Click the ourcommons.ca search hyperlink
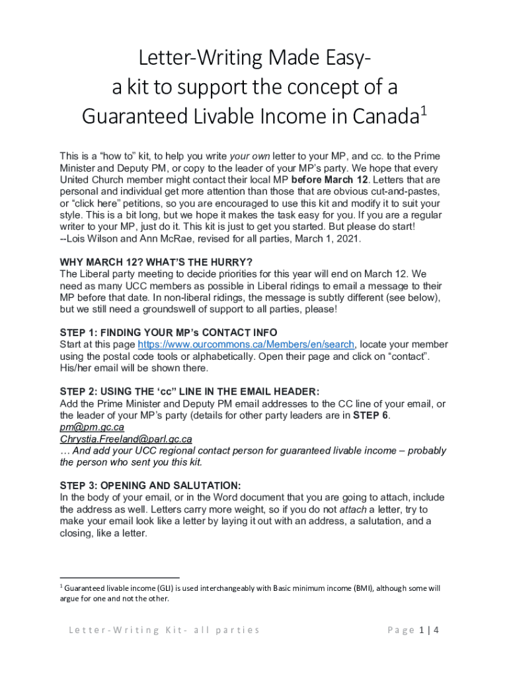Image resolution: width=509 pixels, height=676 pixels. point(247,345)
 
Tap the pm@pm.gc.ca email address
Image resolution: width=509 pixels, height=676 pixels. point(92,426)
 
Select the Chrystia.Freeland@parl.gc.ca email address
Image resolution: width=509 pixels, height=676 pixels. point(126,438)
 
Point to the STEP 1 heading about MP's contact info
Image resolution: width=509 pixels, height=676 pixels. point(169,333)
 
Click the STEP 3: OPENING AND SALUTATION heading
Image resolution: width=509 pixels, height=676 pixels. point(150,485)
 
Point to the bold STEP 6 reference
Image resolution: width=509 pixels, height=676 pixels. point(375,415)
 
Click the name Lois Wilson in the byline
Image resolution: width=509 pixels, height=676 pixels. point(95,238)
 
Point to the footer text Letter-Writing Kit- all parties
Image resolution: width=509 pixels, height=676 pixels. point(164,630)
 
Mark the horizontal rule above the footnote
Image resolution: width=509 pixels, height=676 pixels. point(119,577)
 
